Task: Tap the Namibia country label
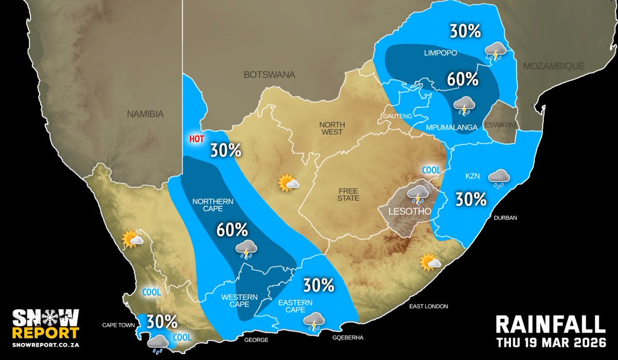point(145,114)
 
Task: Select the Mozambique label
point(554,66)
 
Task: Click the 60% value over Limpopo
point(463,79)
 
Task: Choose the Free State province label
point(348,194)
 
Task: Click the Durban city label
point(506,218)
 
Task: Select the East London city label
point(428,306)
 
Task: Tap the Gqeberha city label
point(349,338)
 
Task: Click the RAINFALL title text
point(550,325)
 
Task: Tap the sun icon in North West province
point(289,183)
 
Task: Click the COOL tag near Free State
point(431,170)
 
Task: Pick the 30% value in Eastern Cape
point(319,284)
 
